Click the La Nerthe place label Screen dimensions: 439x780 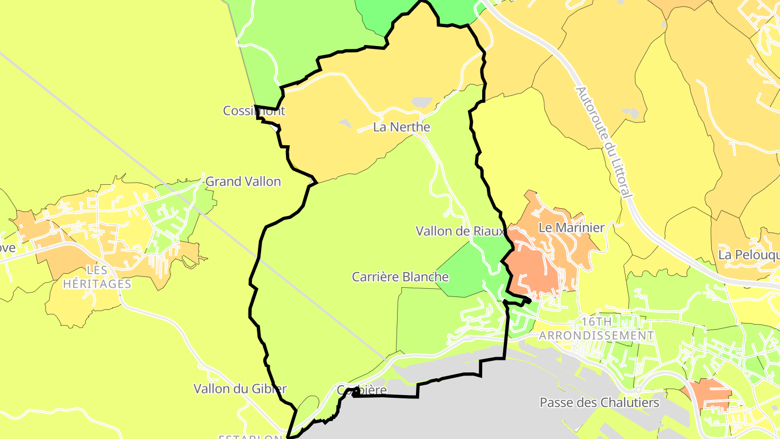[401, 127]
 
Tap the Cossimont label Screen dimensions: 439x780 [253, 111]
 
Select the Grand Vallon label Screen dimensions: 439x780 [243, 182]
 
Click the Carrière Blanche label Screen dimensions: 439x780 [400, 277]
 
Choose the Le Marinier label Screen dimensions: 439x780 [571, 228]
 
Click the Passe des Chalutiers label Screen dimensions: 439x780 [599, 403]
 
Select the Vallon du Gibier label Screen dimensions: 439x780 [240, 389]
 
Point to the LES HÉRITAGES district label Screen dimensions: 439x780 [97, 277]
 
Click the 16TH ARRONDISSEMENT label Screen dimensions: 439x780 [596, 329]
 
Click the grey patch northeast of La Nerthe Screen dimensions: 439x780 [422, 102]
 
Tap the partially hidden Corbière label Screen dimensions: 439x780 [362, 390]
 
